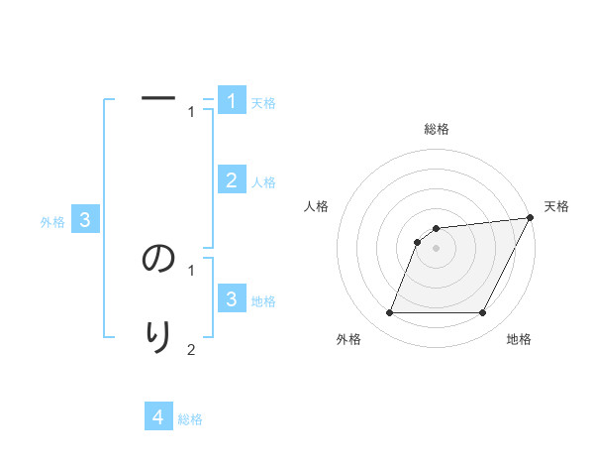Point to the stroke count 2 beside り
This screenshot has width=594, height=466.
[191, 349]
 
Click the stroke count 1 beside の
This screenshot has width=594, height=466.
[191, 269]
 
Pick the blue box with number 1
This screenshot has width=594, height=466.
[232, 101]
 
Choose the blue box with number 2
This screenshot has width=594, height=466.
[232, 179]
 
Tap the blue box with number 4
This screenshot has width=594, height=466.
[158, 416]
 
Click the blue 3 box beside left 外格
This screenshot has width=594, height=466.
[85, 220]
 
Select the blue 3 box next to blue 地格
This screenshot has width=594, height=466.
[232, 298]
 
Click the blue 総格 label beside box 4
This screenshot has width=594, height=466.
[190, 419]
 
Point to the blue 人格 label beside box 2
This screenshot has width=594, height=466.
[263, 182]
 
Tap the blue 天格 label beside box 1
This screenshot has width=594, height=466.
[263, 103]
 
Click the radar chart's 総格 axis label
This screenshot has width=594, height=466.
[437, 129]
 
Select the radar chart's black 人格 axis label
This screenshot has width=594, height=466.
[317, 206]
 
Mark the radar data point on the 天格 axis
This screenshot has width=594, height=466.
[530, 218]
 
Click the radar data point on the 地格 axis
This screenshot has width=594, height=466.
[483, 313]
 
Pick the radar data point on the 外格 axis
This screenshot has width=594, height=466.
[389, 313]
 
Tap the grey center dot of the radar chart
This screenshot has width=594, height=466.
[437, 249]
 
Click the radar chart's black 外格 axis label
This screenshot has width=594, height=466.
[348, 339]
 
